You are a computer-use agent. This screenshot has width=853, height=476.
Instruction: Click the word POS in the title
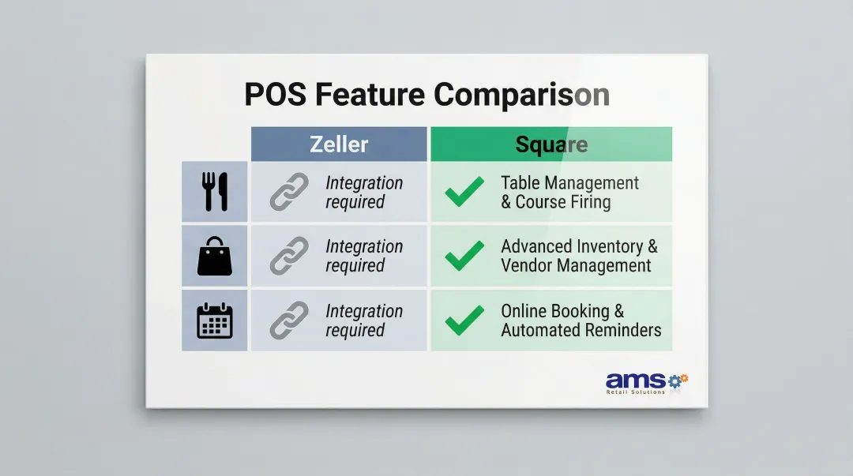276,95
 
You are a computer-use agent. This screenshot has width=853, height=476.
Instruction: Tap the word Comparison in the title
521,95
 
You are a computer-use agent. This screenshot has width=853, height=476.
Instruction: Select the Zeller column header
339,144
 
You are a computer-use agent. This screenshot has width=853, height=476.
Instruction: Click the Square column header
551,144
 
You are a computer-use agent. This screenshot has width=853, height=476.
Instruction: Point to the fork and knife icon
215,192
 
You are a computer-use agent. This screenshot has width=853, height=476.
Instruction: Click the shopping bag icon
215,257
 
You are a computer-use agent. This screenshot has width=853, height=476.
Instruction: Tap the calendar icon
215,320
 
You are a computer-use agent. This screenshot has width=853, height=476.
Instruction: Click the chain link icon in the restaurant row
290,192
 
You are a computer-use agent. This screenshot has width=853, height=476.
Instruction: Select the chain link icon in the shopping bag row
290,257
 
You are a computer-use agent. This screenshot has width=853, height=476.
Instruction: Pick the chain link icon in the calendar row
290,320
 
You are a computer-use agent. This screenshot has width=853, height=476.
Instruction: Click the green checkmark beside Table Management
464,192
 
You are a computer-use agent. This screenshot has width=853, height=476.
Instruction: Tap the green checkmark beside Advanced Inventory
464,257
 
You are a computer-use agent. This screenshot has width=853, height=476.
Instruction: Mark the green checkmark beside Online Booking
464,320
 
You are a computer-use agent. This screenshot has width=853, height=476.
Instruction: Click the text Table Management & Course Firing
569,193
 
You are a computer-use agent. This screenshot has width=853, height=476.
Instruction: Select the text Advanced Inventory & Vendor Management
578,257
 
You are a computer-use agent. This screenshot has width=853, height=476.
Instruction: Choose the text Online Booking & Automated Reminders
581,320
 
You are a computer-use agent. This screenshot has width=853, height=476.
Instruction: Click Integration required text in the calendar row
363,320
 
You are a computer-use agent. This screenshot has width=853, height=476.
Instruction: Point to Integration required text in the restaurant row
363,193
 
